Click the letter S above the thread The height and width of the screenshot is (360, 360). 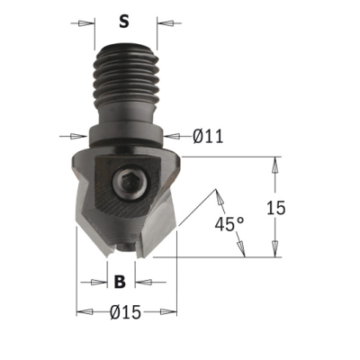coord(124,22)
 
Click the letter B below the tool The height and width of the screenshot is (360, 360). coord(120,282)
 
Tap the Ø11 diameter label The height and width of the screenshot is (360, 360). coord(208,137)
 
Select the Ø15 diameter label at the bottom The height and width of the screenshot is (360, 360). coord(125,312)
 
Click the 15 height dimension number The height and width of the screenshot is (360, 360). coord(276,208)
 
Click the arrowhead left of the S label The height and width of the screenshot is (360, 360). coord(85,23)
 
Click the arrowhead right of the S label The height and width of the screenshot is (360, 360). coord(166,23)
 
